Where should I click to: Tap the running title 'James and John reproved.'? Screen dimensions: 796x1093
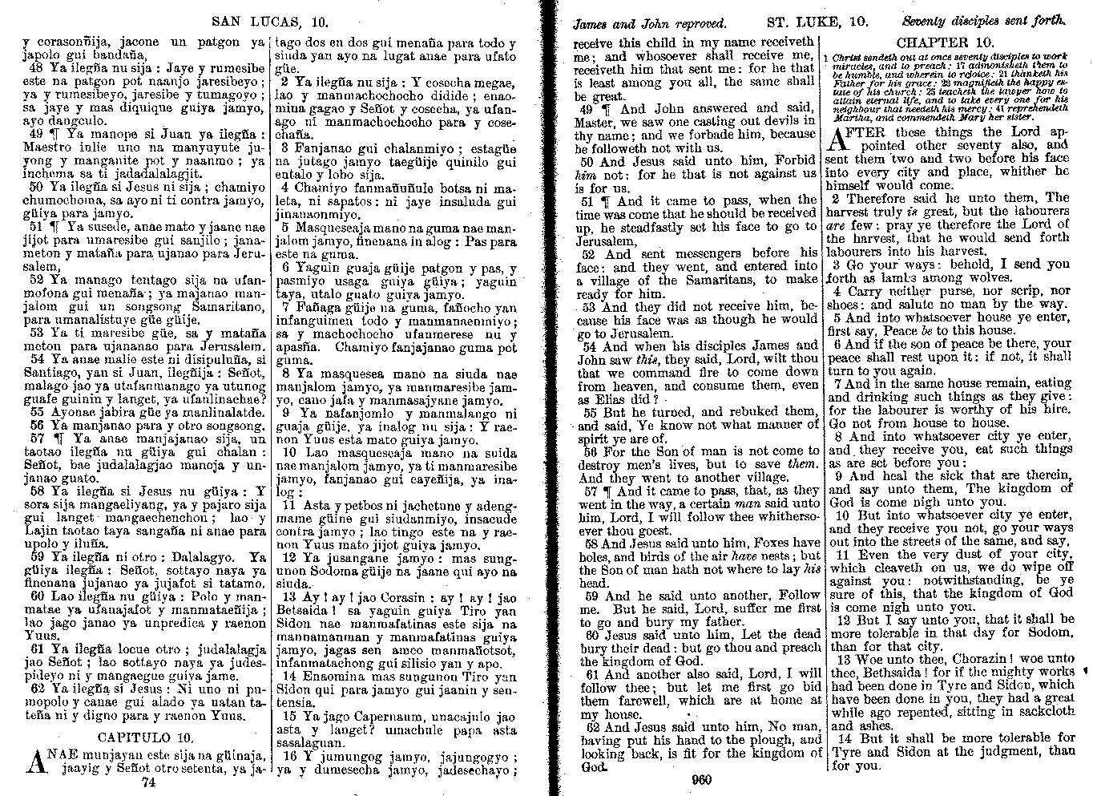click(x=649, y=24)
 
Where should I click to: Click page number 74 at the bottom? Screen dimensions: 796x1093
click(x=147, y=782)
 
